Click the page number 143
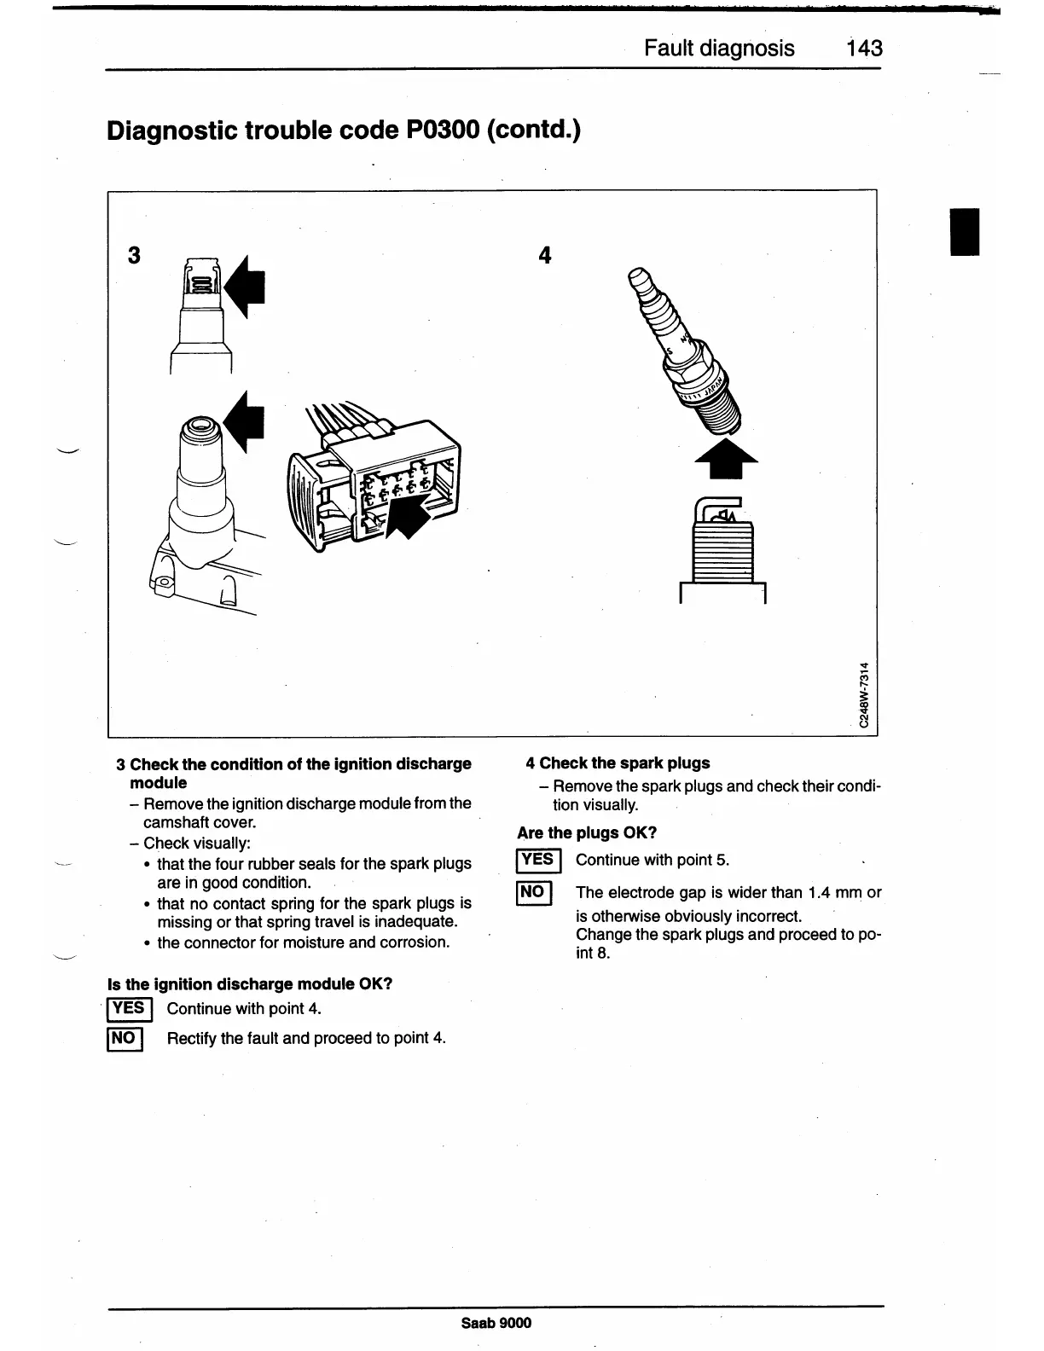864,48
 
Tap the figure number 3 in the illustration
134,255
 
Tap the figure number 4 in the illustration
545,255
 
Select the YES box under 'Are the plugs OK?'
537,860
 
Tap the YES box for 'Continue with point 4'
129,1008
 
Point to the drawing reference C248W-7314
864,695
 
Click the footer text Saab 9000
496,1323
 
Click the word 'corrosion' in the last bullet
414,942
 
